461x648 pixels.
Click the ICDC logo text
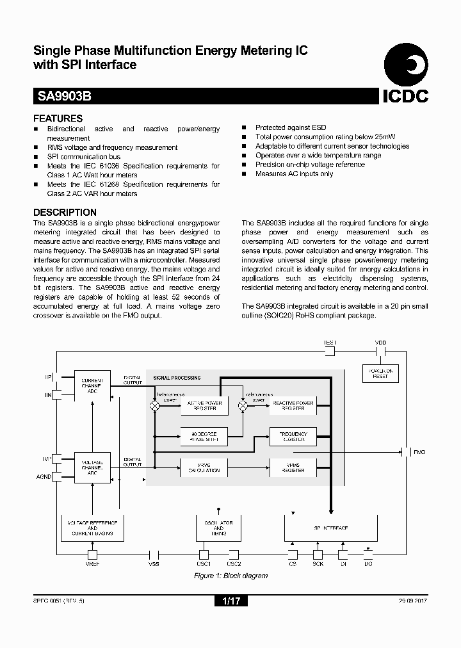coord(405,96)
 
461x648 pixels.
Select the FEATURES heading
coord(58,118)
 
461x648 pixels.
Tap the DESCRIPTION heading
coord(65,213)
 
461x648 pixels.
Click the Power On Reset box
coord(380,373)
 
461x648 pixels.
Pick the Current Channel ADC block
coord(92,385)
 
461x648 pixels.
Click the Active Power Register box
coord(204,405)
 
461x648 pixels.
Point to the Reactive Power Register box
coord(293,405)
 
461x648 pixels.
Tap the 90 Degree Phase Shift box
coord(204,437)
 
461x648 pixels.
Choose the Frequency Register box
coord(293,437)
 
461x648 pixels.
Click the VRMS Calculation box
coord(204,467)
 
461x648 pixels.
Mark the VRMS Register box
coord(293,467)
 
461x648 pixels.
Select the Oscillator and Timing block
coord(218,528)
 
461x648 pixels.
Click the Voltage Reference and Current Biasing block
coord(92,528)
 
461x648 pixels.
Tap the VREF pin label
coord(92,564)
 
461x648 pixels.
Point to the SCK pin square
coord(318,555)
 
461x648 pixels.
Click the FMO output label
coord(419,452)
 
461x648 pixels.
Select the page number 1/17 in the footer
coord(230,601)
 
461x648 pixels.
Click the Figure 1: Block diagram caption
coord(230,576)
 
